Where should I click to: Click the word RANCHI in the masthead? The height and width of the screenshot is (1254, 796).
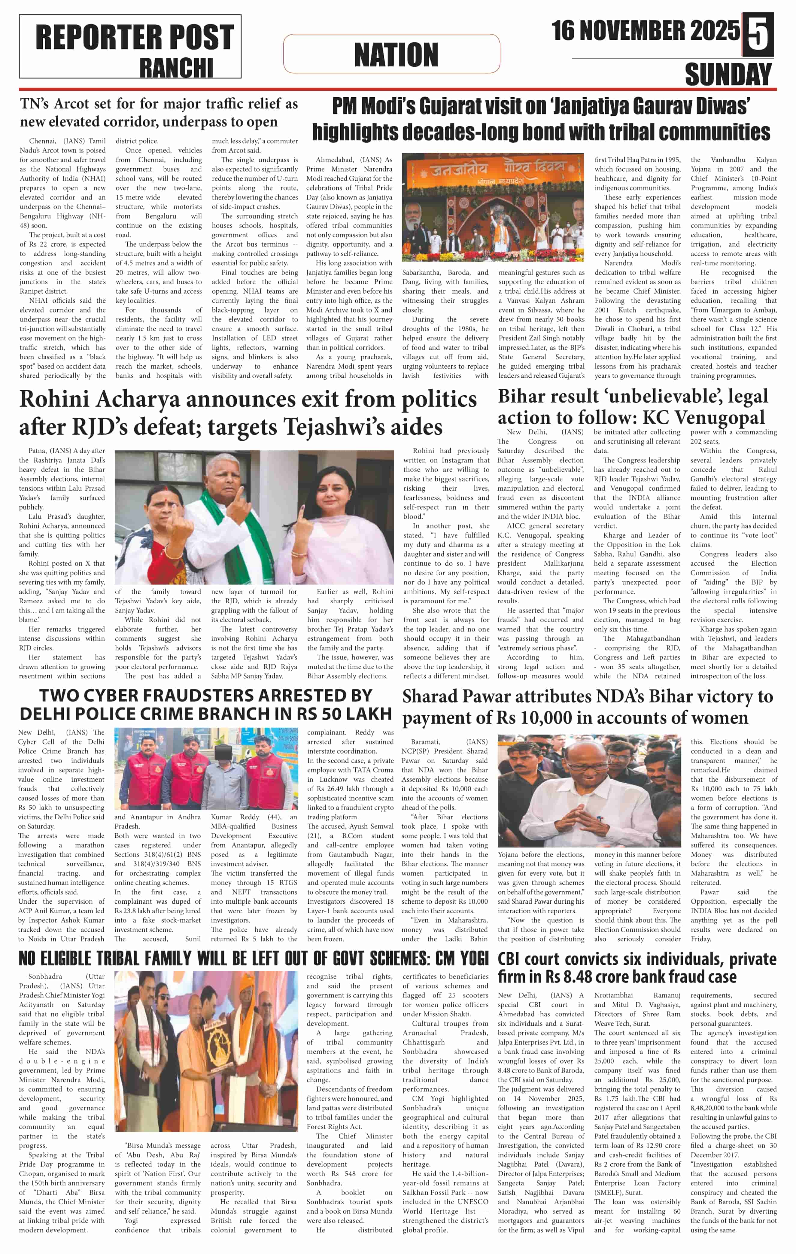pyautogui.click(x=176, y=68)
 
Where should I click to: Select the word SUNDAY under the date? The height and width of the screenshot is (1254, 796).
pyautogui.click(x=728, y=75)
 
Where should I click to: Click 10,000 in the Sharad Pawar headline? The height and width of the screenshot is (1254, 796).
pyautogui.click(x=559, y=718)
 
